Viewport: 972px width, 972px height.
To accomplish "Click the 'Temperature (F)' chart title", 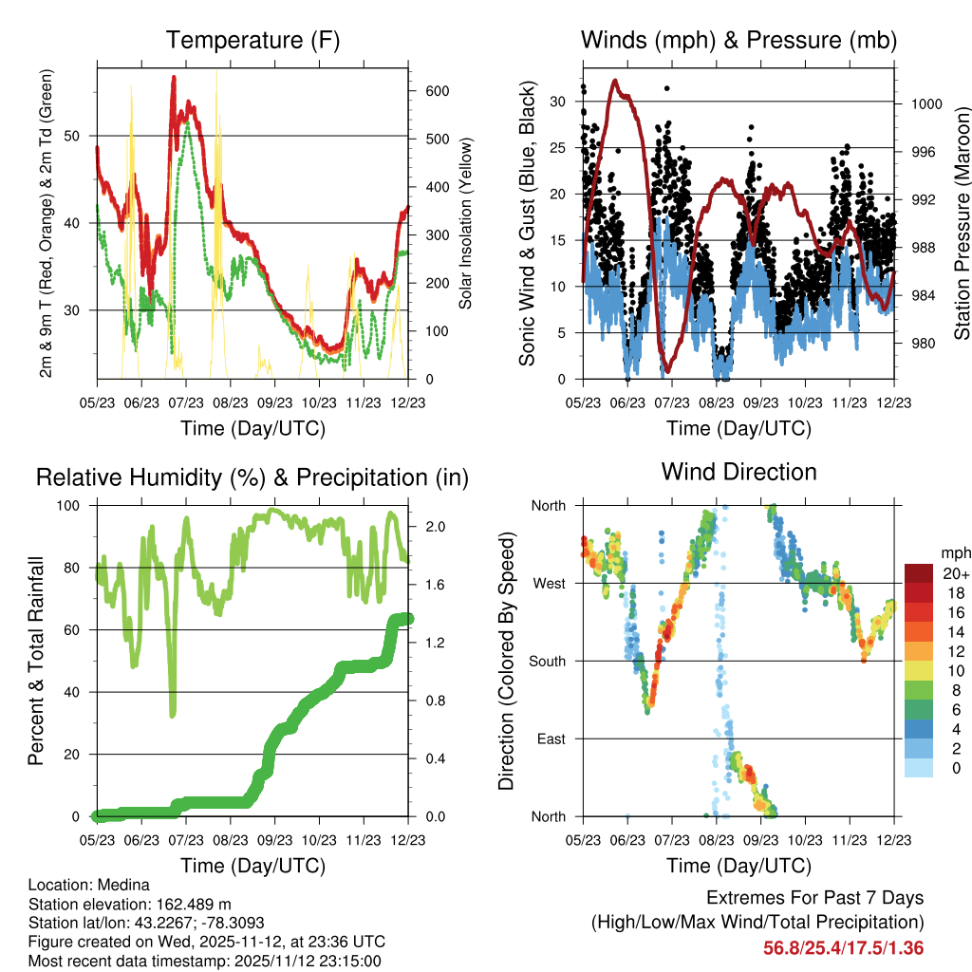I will (252, 40).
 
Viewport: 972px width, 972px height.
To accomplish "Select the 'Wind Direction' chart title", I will (738, 471).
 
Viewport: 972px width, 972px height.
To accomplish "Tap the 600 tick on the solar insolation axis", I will (437, 91).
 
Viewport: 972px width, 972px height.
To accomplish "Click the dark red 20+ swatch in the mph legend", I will (919, 573).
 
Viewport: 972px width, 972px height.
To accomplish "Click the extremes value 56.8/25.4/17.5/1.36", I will (843, 947).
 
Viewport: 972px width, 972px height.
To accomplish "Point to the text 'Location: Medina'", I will (89, 885).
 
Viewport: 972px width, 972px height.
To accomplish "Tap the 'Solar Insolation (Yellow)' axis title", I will (466, 224).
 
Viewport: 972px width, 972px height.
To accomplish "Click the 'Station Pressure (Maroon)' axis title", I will (962, 224).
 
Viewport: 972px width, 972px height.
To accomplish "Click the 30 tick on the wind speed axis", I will (558, 102).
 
